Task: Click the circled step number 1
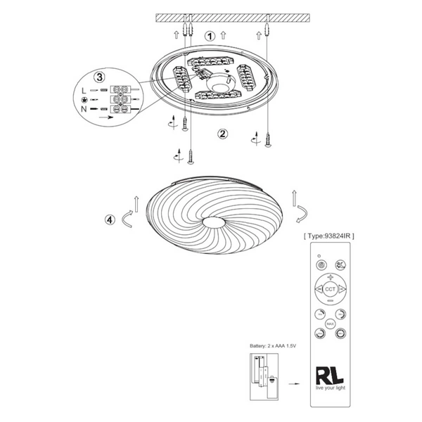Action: point(209,34)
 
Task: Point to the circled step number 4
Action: point(109,219)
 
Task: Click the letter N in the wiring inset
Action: point(84,109)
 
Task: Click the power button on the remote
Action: point(321,266)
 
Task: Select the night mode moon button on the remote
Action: point(340,266)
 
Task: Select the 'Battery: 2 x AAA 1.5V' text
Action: point(274,347)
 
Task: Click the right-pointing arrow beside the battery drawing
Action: point(298,385)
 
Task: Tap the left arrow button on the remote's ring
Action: point(318,288)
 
